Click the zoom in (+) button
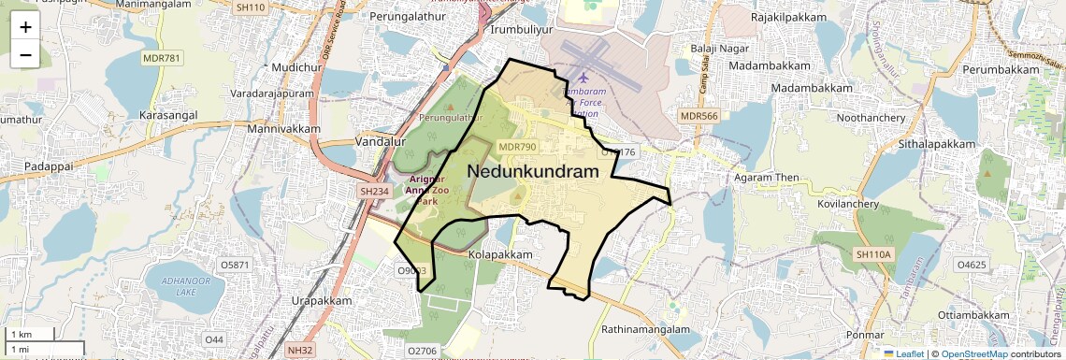[x=25, y=27]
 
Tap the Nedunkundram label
[x=531, y=172]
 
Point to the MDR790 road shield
[x=518, y=147]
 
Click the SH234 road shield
[x=374, y=191]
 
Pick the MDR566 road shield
[x=699, y=116]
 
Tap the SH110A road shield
[x=874, y=254]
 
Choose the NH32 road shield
[x=300, y=350]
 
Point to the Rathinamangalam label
[x=645, y=329]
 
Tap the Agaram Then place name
[x=767, y=178]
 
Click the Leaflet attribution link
[x=903, y=353]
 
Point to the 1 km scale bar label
[x=21, y=335]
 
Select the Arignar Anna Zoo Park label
[x=426, y=189]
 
